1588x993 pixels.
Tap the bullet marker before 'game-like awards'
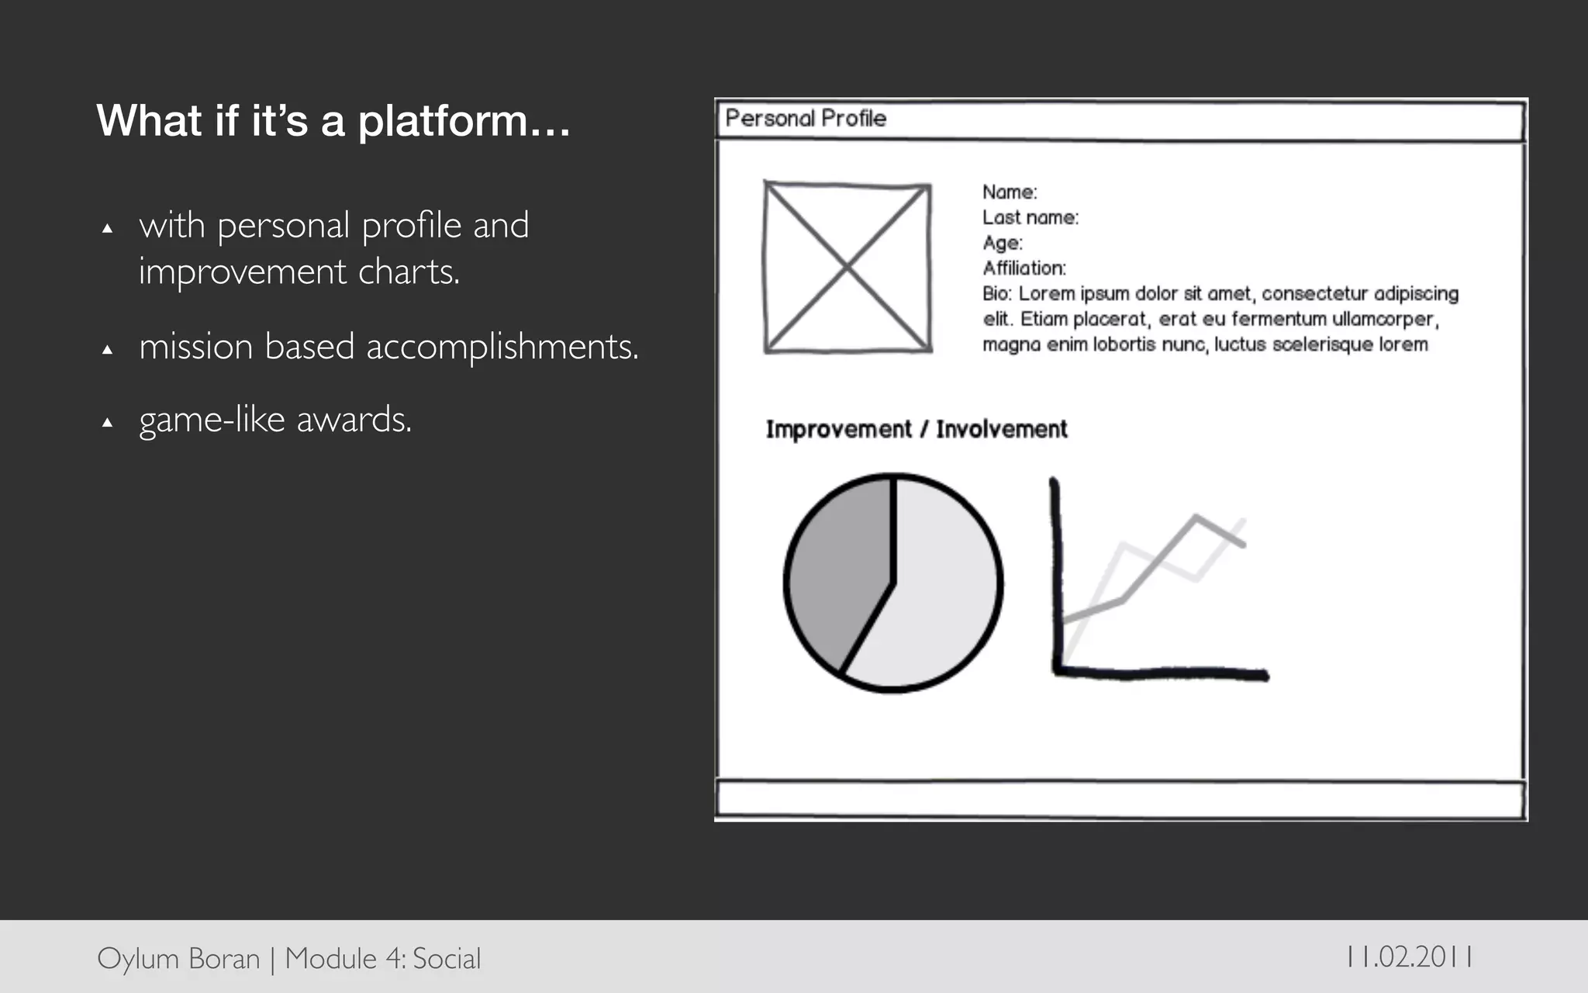click(108, 423)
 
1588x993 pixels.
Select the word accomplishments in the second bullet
click(502, 347)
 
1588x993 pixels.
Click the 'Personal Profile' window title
click(806, 119)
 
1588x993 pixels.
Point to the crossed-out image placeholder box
click(848, 268)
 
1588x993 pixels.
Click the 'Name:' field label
click(1010, 192)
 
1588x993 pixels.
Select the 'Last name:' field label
click(1030, 218)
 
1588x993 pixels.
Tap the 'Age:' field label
click(1003, 244)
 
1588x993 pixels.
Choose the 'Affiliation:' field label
click(1024, 268)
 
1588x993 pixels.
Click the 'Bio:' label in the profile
click(997, 294)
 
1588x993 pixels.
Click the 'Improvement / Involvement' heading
click(917, 429)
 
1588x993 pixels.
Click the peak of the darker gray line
click(1196, 517)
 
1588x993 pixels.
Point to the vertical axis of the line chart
click(1056, 574)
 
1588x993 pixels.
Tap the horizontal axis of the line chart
click(1163, 673)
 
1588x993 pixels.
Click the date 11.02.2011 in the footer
click(1410, 957)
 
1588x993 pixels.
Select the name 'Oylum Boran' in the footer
click(178, 959)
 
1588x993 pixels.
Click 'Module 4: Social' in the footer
click(383, 959)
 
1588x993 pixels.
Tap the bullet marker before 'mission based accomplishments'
click(108, 350)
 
